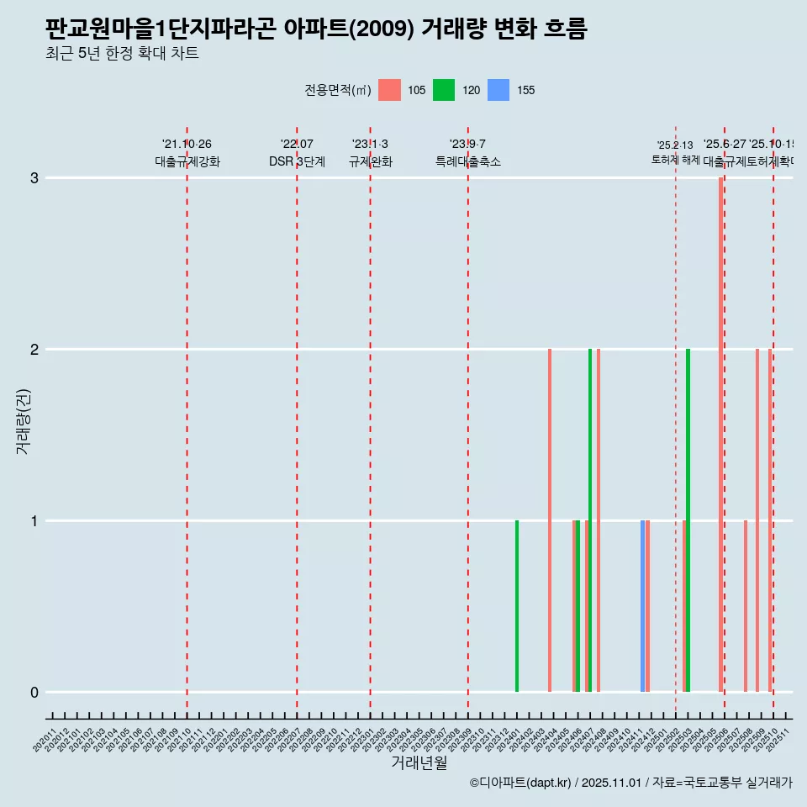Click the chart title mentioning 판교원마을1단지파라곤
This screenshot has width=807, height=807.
coord(316,29)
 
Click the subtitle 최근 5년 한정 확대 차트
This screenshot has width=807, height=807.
coord(123,54)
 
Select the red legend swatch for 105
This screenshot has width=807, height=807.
coord(389,90)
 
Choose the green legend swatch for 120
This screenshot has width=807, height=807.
coord(444,90)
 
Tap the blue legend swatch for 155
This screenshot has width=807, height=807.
coord(498,90)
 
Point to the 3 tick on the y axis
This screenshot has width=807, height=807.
coord(34,178)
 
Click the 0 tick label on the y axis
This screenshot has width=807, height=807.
coord(34,693)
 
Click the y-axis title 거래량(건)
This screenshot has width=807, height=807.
coord(23,421)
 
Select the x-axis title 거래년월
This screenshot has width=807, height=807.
coord(419,762)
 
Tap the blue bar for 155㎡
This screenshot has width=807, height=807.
coord(642,606)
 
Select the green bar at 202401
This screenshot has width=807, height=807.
coord(517,606)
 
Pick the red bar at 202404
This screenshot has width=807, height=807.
coord(550,520)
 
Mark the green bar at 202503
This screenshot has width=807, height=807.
coord(688,520)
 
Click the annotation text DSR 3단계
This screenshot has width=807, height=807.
coord(297,161)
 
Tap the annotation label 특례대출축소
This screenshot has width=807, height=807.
coord(467,161)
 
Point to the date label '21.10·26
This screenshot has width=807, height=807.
coord(187,145)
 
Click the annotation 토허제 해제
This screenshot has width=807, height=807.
coord(675,159)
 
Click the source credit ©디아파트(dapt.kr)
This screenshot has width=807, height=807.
coord(521,783)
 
